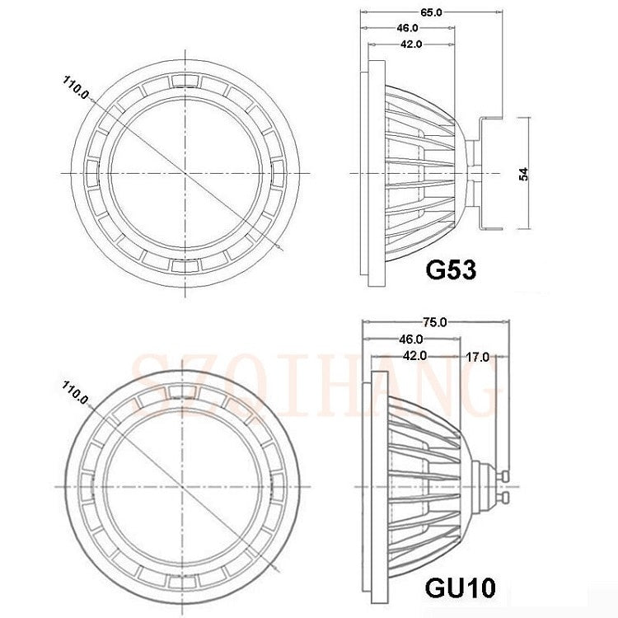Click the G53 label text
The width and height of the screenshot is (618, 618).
(451, 269)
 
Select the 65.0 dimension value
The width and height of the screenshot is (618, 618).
(431, 12)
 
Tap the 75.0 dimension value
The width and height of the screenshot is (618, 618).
(435, 322)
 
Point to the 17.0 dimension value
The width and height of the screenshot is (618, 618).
(477, 357)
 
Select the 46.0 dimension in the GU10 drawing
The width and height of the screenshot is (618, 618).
(411, 339)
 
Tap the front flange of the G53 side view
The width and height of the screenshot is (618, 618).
(372, 173)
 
